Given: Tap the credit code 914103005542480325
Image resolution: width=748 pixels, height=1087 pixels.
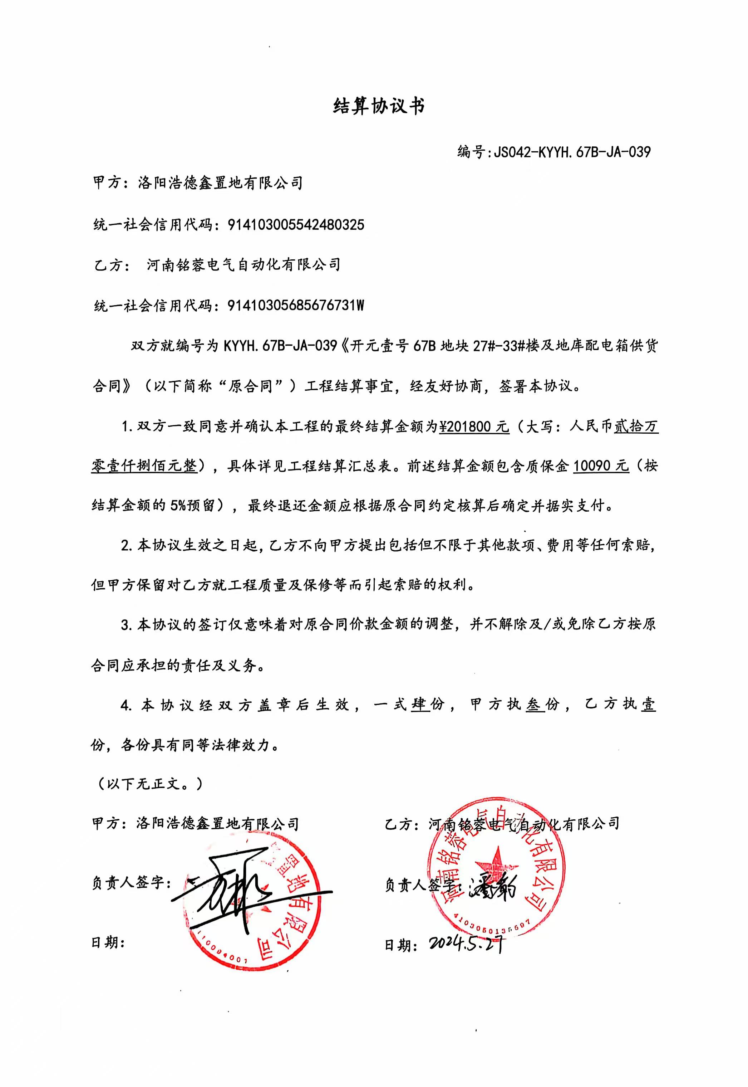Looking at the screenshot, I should (x=296, y=225).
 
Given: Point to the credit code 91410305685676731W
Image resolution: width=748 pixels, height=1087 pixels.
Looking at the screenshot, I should (x=296, y=306).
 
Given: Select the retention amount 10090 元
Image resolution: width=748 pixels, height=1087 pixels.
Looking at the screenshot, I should (x=601, y=465).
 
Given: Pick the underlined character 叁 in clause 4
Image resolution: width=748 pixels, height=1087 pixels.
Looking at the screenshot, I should (x=535, y=705).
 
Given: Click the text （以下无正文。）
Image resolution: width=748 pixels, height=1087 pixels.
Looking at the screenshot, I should (x=149, y=784).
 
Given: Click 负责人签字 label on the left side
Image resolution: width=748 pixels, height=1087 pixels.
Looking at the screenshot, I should (x=128, y=883).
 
